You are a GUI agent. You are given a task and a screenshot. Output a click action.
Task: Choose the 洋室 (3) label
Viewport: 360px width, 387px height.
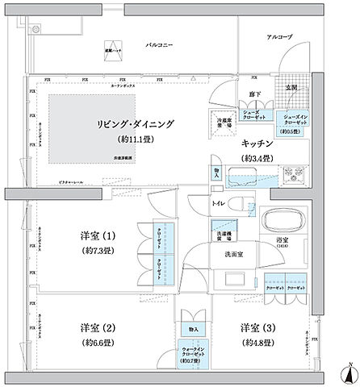pos(254,327)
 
